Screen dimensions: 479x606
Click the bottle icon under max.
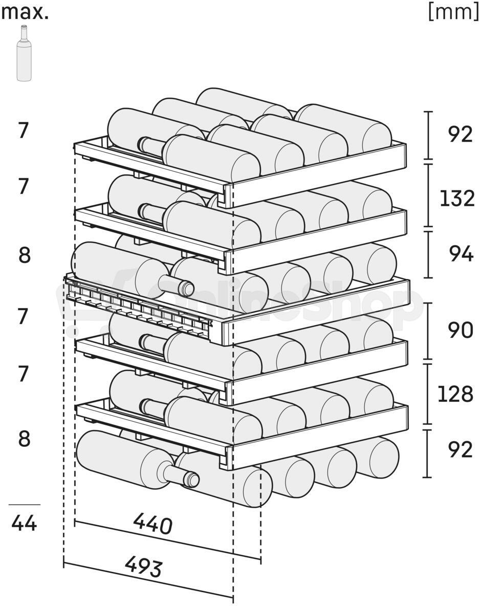coord(24,53)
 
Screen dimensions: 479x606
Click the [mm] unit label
coord(453,12)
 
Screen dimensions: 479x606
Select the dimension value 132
coord(457,198)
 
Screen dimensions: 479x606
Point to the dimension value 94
coord(461,254)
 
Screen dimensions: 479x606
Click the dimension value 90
coord(461,331)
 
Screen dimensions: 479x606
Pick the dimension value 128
coord(456,394)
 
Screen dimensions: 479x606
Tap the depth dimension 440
coord(153,525)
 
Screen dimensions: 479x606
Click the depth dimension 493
coord(143,567)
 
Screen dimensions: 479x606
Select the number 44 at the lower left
coord(24,523)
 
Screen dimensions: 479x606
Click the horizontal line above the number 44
coord(25,504)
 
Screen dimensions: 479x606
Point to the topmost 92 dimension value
coord(461,134)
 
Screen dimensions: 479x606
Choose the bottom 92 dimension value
coord(461,449)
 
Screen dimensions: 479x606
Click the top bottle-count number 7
coord(24,130)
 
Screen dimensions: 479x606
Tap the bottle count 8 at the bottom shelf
coord(24,439)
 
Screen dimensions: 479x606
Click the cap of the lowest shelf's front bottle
coord(191,480)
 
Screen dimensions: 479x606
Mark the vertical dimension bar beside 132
coord(428,195)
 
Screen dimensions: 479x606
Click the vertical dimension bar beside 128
coord(428,394)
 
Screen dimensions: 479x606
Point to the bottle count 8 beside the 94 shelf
coord(25,255)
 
